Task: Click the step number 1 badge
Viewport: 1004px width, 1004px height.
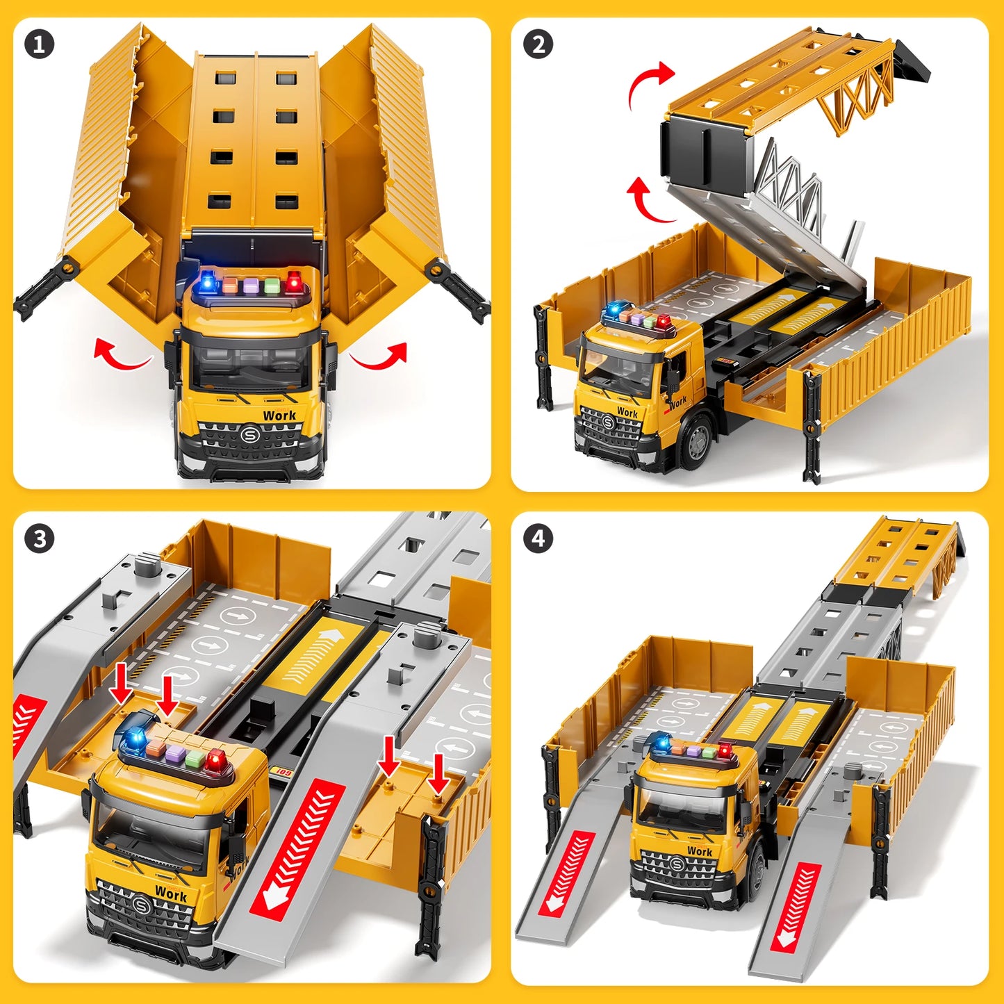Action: point(39,45)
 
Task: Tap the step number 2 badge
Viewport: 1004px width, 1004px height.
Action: point(538,45)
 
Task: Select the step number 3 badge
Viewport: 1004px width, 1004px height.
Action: point(39,540)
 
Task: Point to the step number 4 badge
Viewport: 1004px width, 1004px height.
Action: point(538,538)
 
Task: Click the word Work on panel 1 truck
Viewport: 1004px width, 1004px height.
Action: point(279,415)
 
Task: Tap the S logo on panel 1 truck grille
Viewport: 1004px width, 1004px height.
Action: point(249,436)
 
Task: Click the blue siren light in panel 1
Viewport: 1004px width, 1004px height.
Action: point(207,283)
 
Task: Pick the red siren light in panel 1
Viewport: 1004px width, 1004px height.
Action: point(294,281)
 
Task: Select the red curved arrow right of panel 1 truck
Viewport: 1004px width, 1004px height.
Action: point(381,356)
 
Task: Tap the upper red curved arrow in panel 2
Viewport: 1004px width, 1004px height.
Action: point(649,83)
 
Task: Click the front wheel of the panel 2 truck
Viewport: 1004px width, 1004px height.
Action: point(697,441)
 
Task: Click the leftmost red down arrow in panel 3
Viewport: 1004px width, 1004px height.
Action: point(122,683)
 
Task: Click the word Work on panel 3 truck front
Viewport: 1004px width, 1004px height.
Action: point(171,894)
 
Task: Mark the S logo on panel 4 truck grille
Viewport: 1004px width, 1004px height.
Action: point(677,865)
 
